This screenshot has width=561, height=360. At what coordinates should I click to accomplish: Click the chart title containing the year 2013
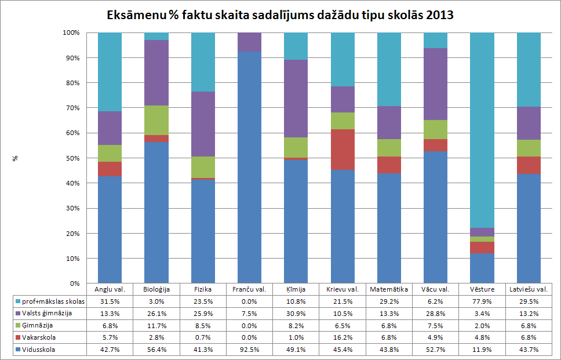pyautogui.click(x=280, y=14)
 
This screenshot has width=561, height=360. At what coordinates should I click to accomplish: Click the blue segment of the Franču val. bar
pyautogui.click(x=249, y=168)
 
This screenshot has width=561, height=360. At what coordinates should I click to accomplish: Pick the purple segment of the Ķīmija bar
pyautogui.click(x=296, y=99)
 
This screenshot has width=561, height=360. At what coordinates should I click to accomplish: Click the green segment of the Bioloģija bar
pyautogui.click(x=156, y=120)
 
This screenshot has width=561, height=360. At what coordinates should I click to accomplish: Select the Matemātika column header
pyautogui.click(x=388, y=289)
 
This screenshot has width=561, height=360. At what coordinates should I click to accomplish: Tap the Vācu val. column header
pyautogui.click(x=435, y=289)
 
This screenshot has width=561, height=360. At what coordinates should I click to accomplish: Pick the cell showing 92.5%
pyautogui.click(x=249, y=349)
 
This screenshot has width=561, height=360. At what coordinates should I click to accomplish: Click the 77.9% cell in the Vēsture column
pyautogui.click(x=482, y=301)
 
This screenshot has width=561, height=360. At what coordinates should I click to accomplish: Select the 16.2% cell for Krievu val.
pyautogui.click(x=342, y=337)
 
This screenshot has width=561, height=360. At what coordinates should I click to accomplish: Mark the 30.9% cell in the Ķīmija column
pyautogui.click(x=296, y=313)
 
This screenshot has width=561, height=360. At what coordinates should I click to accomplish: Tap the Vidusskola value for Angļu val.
pyautogui.click(x=110, y=349)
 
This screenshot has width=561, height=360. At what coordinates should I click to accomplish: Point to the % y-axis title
pyautogui.click(x=16, y=158)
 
